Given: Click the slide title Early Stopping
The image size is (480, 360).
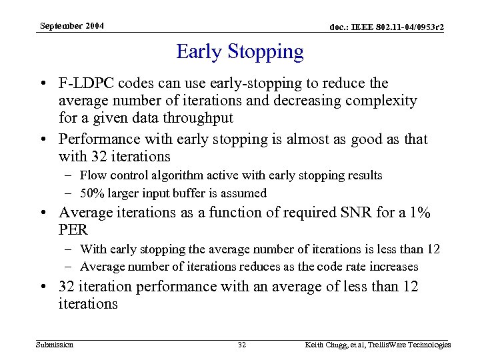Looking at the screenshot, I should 239,51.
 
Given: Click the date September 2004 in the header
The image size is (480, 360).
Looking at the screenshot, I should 71,26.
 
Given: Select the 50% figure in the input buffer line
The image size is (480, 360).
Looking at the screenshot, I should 91,193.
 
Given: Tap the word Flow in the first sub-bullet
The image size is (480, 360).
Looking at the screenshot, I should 91,175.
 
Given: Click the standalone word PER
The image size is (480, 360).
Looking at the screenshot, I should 73,230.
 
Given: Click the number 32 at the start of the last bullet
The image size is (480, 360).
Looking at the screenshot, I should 67,287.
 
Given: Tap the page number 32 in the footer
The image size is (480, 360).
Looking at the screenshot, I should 242,345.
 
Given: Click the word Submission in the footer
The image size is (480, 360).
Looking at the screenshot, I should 55,345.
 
